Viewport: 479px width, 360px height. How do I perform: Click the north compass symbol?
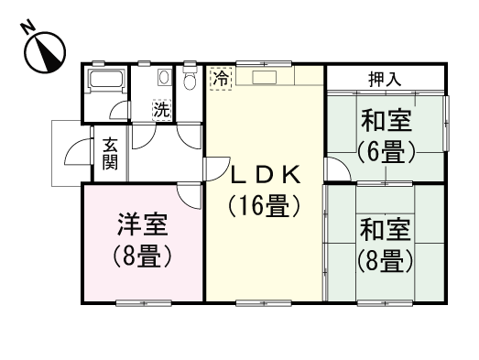pyautogui.click(x=43, y=50)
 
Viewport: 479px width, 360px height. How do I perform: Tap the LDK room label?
pyautogui.click(x=264, y=174)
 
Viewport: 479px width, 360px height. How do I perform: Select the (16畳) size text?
pyautogui.click(x=264, y=207)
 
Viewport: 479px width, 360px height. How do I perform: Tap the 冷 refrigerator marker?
pyautogui.click(x=220, y=79)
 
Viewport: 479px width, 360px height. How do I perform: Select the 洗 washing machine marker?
pyautogui.click(x=161, y=110)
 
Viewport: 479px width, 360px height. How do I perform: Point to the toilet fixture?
pyautogui.click(x=190, y=81)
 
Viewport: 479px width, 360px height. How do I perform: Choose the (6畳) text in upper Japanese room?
pyautogui.click(x=385, y=151)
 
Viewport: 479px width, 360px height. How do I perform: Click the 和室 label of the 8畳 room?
pyautogui.click(x=385, y=229)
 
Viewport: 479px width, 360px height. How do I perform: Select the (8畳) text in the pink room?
pyautogui.click(x=142, y=257)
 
